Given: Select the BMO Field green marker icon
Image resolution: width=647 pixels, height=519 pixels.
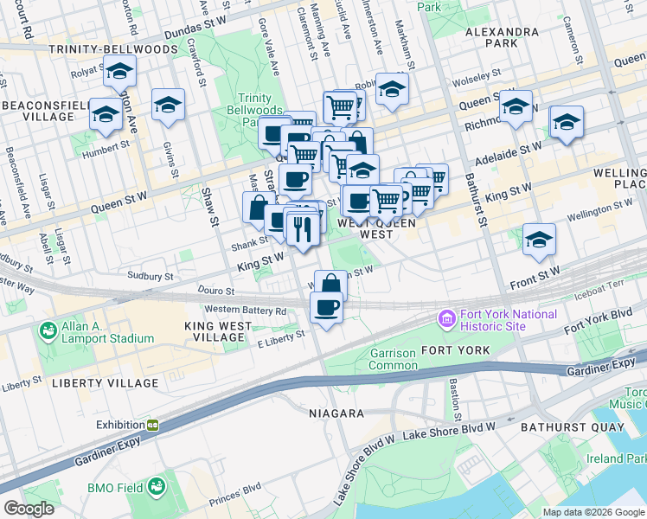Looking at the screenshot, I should [x=157, y=488].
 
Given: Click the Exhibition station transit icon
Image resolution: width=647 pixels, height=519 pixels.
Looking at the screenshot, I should [x=152, y=425].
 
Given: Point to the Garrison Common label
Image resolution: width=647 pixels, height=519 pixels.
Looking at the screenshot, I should [x=393, y=359].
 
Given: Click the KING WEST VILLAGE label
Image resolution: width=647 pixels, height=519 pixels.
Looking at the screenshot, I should [x=218, y=326].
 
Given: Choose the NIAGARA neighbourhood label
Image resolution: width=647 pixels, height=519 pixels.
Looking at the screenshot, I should [x=336, y=413].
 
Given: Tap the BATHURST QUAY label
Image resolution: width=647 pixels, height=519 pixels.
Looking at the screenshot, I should [x=572, y=427].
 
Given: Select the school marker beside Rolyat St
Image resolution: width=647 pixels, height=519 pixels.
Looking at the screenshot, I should [x=120, y=72].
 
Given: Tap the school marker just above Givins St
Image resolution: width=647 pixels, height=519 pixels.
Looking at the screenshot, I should [x=168, y=105].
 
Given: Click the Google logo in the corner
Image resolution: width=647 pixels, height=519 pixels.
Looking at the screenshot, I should [x=29, y=509].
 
